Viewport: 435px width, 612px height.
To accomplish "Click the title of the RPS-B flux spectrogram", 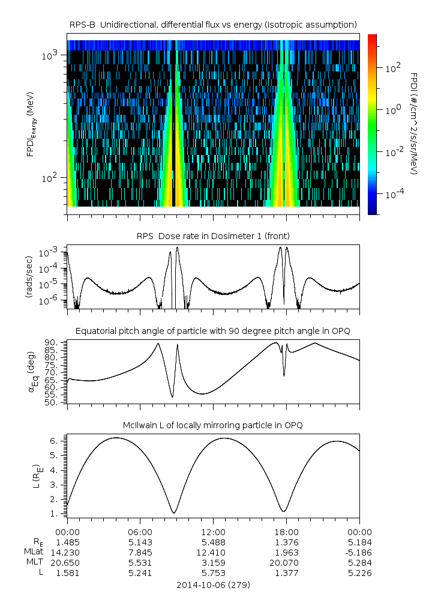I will (213, 24).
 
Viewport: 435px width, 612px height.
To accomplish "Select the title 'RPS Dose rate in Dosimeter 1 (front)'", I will (213, 236).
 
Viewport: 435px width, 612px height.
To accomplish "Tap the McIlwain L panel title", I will (213, 425).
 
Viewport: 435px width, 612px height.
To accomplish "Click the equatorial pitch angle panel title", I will (213, 331).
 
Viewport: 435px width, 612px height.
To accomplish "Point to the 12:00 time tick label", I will (213, 532).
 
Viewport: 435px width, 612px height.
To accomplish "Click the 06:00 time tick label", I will (140, 532).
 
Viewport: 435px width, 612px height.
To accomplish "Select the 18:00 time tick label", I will (286, 532).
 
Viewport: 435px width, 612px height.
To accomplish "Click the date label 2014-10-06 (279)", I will (213, 584).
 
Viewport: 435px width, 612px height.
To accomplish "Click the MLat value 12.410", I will (213, 552).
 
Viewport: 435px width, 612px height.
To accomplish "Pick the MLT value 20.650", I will (67, 563).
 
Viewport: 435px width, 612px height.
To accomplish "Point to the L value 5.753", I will (213, 573).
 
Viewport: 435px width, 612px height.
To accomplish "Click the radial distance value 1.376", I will (286, 542).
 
